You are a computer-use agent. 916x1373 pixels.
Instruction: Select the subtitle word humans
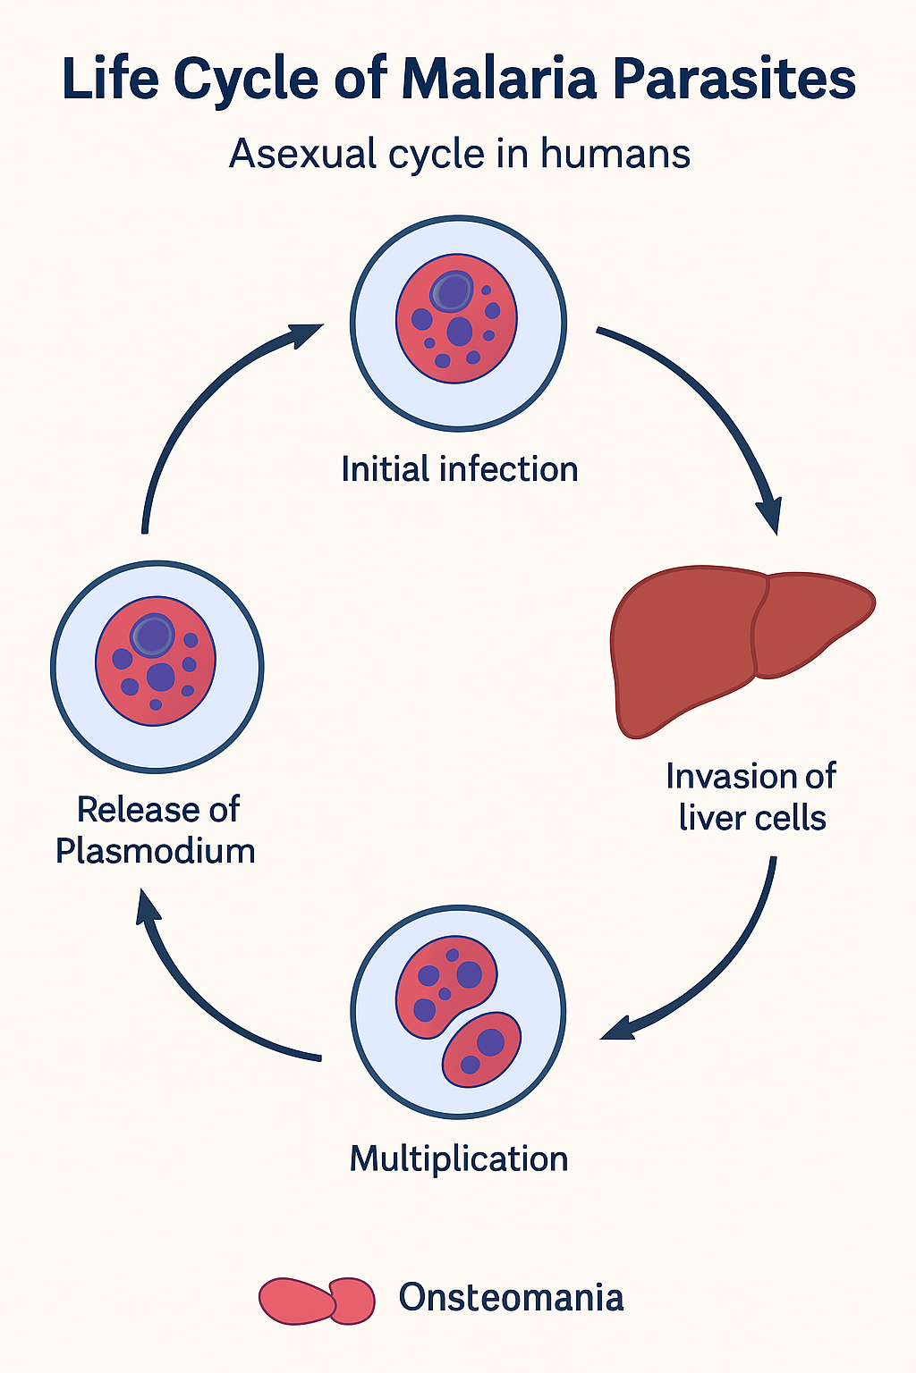615,154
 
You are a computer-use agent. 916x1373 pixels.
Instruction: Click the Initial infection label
459,469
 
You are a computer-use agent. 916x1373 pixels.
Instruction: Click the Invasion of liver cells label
751,796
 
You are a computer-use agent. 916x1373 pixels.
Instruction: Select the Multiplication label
459,1158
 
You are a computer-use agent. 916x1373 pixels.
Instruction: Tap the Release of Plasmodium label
156,830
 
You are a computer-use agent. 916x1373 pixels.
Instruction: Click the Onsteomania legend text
511,1297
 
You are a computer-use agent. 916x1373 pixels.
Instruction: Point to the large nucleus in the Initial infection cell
453,291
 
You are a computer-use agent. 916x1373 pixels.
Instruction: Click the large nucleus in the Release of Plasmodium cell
153,635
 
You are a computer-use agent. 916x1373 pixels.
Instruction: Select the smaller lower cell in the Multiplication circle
482,1049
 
